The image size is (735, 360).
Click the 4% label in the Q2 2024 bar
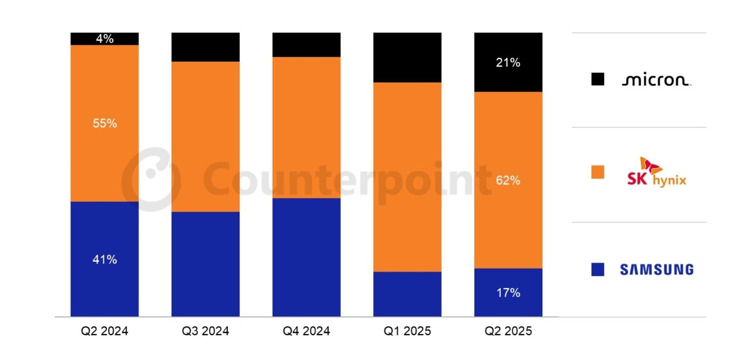pos(104,39)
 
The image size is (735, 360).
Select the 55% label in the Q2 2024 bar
pos(104,123)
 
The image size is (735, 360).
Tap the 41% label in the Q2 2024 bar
pos(104,260)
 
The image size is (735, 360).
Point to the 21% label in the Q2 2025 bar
pos(508,63)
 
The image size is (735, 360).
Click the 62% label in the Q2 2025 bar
pos(508,181)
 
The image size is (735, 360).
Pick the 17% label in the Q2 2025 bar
pos(508,293)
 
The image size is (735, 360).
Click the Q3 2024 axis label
pos(205,332)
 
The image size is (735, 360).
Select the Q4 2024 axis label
pos(306,332)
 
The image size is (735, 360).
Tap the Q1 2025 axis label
pos(407,332)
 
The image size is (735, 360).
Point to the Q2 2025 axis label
pos(508,332)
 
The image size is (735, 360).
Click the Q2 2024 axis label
pos(104,332)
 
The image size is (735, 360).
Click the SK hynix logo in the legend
pos(656,172)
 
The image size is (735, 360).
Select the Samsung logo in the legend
pos(656,269)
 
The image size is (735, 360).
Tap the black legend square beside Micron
pos(598,79)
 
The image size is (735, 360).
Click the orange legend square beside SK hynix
pos(598,172)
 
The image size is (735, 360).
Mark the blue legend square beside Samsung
pos(598,269)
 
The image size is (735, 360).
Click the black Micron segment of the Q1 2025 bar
pos(407,57)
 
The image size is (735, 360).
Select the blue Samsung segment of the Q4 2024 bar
pos(306,257)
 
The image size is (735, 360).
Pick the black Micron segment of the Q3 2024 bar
pos(205,47)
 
